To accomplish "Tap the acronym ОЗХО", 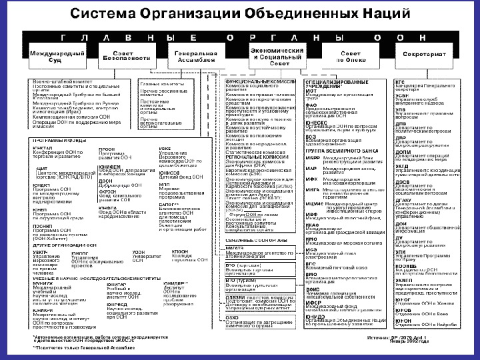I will coord(232,323).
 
